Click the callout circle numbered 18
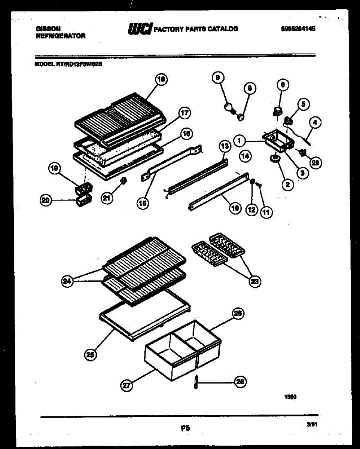click(x=161, y=79)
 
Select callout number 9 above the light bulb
click(x=217, y=78)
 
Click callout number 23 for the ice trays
click(x=255, y=281)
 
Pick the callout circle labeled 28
click(x=240, y=381)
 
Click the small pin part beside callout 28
click(x=196, y=382)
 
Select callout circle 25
click(x=90, y=354)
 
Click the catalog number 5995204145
click(x=298, y=28)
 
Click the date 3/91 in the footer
click(x=311, y=425)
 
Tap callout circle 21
click(x=107, y=198)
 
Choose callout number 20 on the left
click(x=46, y=201)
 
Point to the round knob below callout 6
click(x=278, y=110)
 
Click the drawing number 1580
click(x=291, y=398)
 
